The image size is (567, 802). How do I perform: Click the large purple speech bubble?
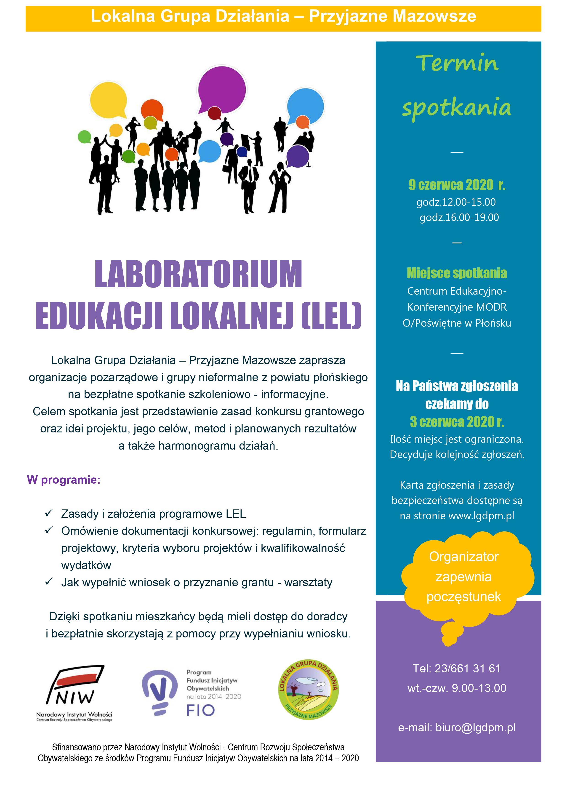tap(222, 89)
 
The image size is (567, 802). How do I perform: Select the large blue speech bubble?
tap(305, 106)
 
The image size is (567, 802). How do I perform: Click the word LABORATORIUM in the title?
tap(198, 274)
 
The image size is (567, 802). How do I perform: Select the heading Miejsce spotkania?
tap(457, 273)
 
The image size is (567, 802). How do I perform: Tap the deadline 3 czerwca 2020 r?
tap(457, 422)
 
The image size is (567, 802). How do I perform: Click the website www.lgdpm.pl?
tap(481, 516)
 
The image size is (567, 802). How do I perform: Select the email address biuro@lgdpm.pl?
tap(475, 727)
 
